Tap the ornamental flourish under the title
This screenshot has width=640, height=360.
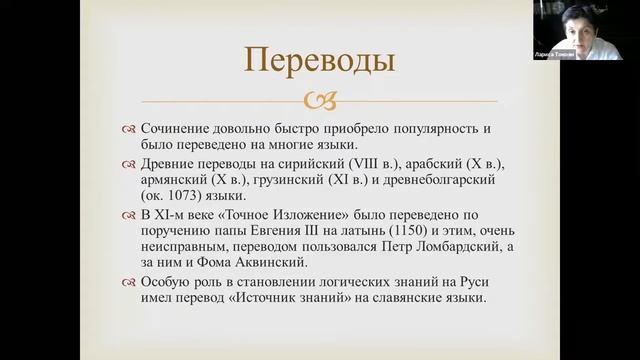pos(320,100)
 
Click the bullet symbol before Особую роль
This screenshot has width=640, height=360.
pos(128,281)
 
